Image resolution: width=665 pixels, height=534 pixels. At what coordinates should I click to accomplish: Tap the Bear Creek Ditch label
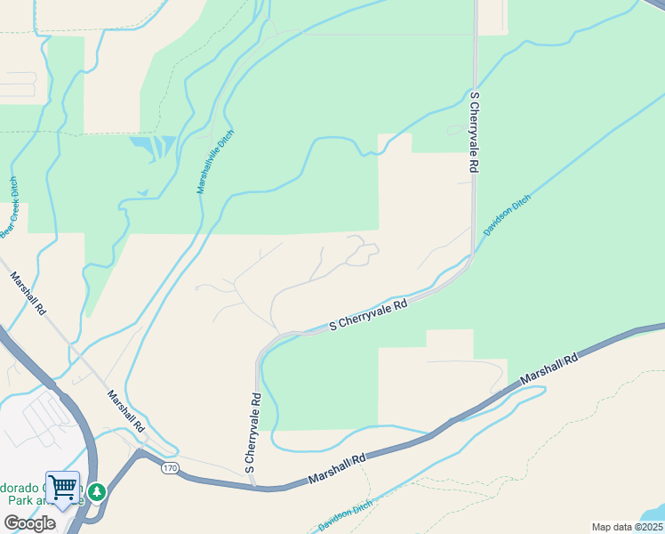11,207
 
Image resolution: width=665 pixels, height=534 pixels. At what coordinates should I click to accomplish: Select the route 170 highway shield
170,468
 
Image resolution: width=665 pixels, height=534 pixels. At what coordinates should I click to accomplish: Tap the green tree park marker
96,490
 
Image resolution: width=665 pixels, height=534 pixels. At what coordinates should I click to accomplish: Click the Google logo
28,523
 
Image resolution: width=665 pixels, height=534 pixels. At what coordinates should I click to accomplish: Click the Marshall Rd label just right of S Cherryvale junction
337,470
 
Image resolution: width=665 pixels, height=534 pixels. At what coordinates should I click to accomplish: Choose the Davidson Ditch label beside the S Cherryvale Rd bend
507,214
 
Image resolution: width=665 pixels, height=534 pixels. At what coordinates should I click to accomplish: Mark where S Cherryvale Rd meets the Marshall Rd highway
256,486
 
